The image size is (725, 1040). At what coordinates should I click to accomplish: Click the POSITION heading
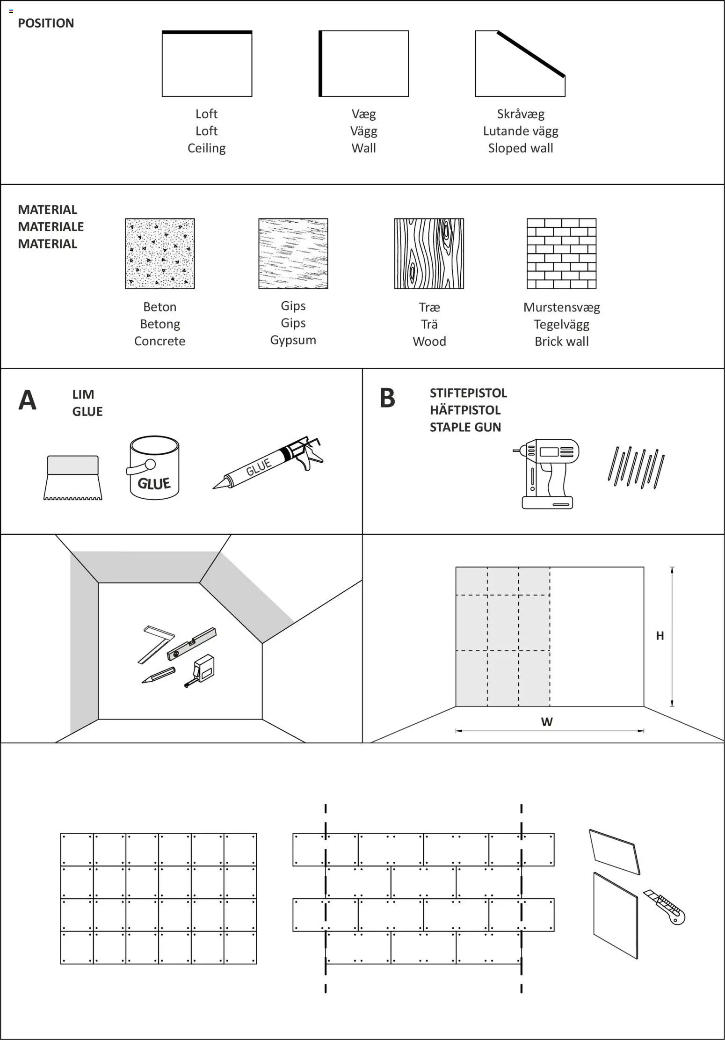click(x=46, y=23)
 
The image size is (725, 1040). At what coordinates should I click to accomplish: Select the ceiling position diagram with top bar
click(x=207, y=64)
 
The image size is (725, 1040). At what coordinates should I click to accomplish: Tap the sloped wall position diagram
click(x=520, y=64)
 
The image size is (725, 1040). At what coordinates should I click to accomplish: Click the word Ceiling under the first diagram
click(x=206, y=148)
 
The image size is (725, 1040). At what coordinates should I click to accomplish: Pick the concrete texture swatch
click(x=159, y=253)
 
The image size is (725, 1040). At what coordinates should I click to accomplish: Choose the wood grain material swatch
click(x=429, y=253)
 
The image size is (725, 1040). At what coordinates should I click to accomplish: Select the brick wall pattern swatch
click(x=561, y=253)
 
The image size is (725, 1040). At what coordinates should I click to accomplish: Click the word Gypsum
click(x=293, y=340)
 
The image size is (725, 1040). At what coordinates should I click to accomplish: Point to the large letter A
click(x=27, y=400)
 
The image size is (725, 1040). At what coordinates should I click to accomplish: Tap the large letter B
click(x=387, y=398)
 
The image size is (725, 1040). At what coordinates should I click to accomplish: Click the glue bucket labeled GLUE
click(x=154, y=468)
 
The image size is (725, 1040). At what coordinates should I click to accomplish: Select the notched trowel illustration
click(x=73, y=478)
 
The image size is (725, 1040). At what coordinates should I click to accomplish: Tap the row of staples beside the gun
click(x=636, y=468)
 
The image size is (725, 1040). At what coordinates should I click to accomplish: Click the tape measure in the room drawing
click(x=202, y=670)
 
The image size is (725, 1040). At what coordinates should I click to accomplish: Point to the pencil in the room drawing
click(x=158, y=675)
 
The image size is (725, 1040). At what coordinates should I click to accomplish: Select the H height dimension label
click(x=660, y=635)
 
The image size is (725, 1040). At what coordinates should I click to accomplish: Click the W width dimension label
click(x=546, y=721)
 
